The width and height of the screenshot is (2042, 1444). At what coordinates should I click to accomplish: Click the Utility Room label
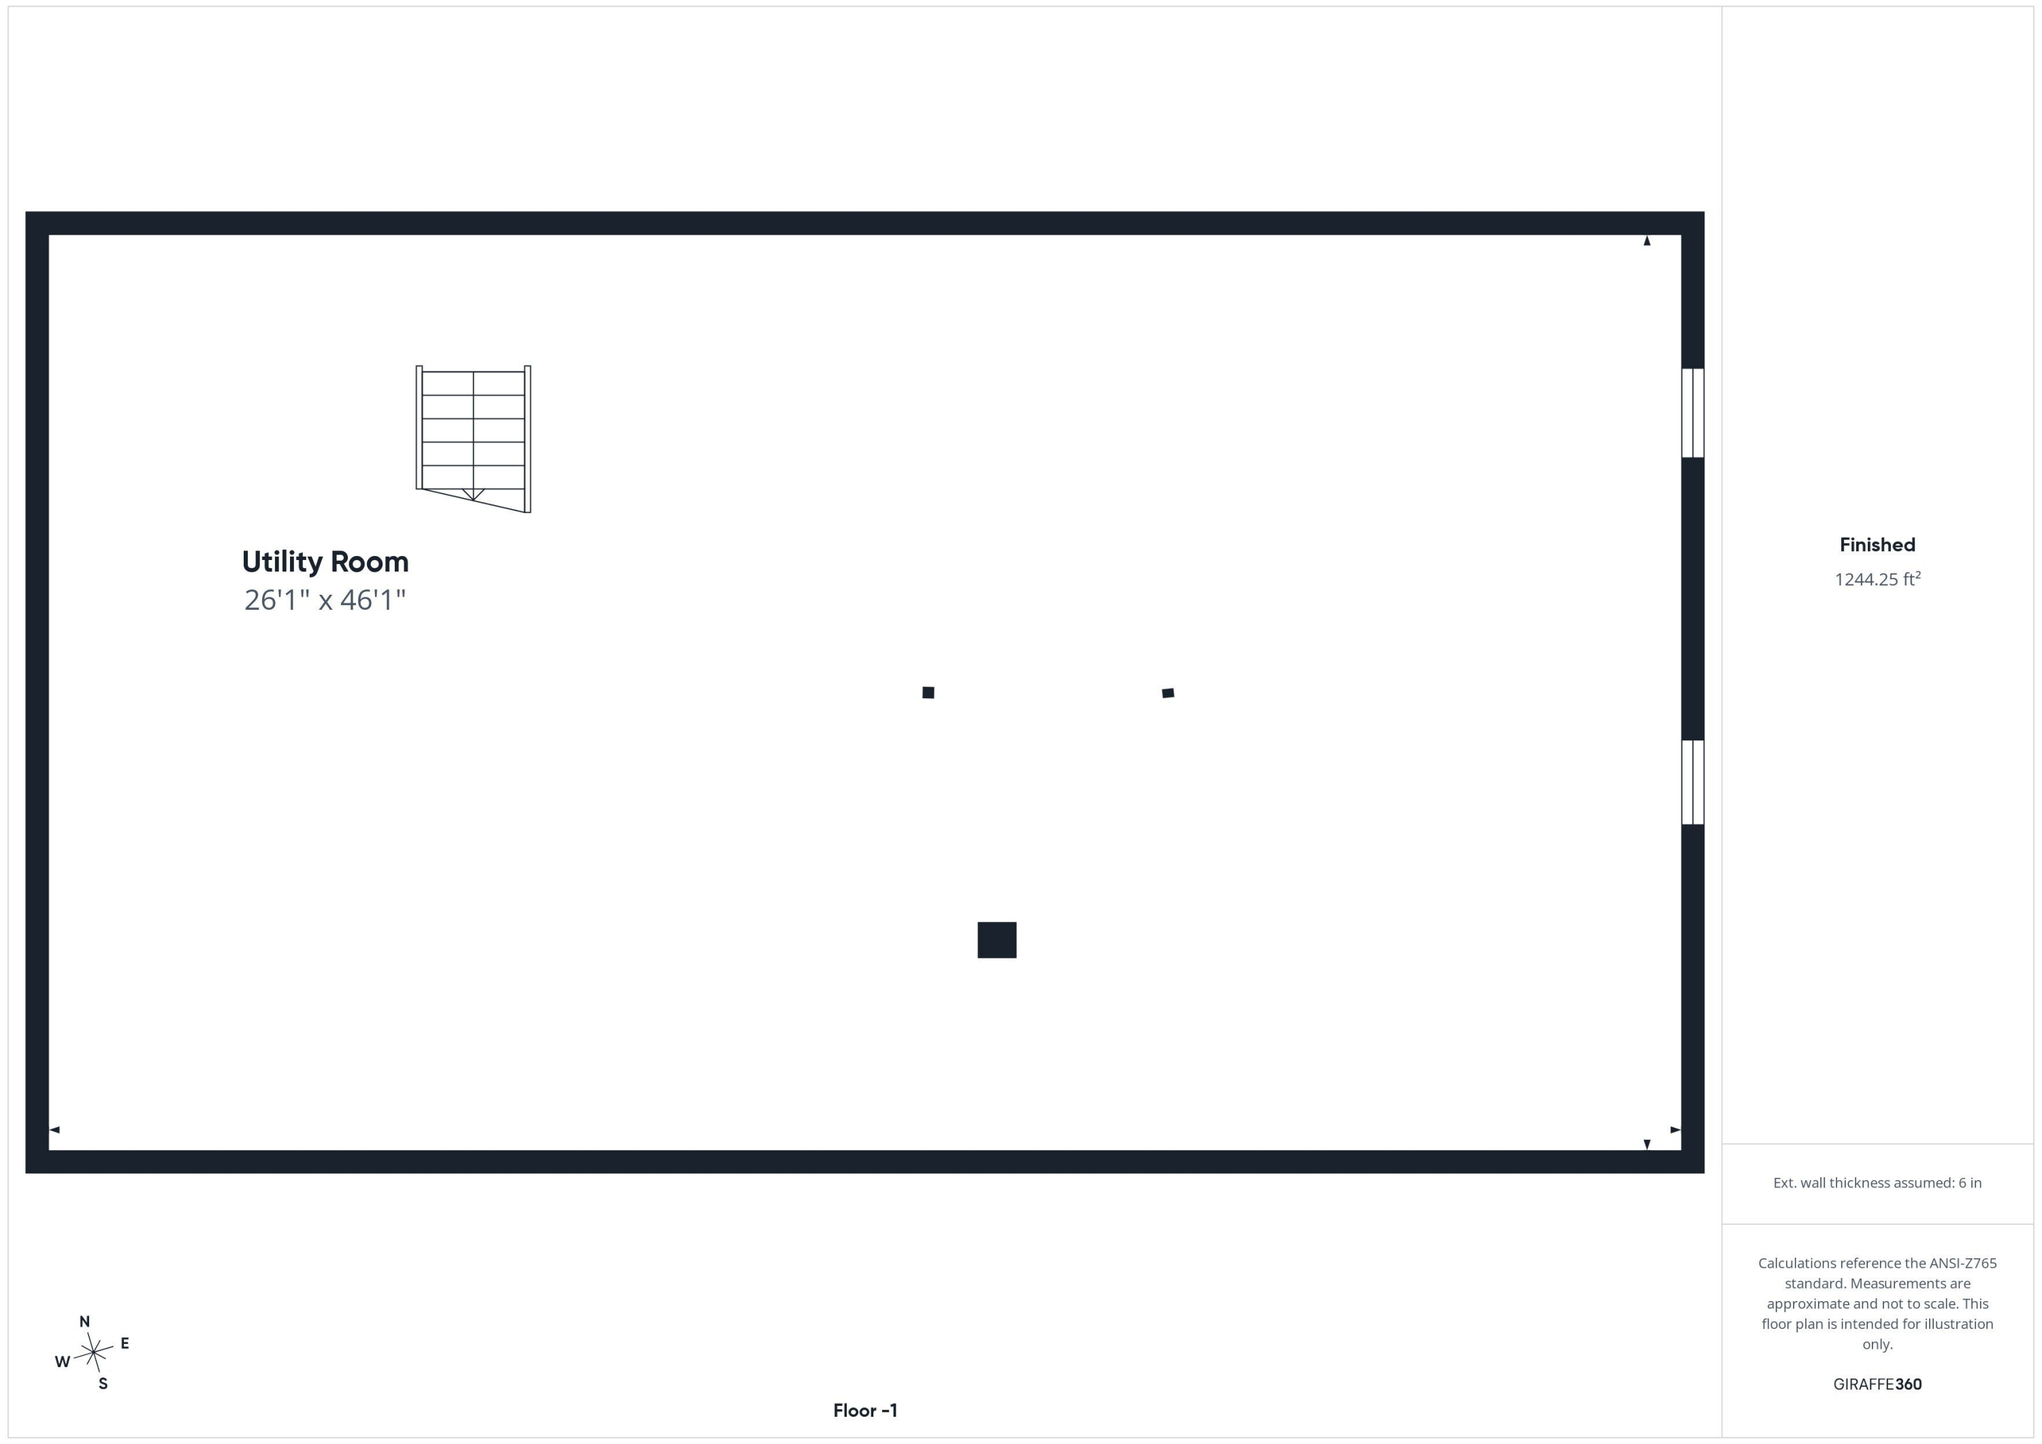tap(325, 562)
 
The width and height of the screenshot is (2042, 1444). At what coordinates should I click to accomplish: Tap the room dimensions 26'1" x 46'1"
tap(325, 600)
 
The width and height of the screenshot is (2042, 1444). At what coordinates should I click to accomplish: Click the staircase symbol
tap(473, 438)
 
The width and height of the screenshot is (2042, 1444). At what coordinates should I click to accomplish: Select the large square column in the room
tap(997, 940)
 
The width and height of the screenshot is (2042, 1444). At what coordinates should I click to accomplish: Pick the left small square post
tap(928, 693)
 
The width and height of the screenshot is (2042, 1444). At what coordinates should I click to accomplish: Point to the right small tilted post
tap(1168, 693)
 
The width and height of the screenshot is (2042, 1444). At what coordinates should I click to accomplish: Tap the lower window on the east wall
tap(1692, 782)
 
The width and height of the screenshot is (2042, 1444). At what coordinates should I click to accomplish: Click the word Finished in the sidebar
tap(1877, 545)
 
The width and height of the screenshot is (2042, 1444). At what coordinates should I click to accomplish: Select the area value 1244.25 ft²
tap(1877, 579)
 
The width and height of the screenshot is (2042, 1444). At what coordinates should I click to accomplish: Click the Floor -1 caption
tap(865, 1410)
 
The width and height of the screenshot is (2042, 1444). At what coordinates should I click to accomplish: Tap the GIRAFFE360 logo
tap(1877, 1384)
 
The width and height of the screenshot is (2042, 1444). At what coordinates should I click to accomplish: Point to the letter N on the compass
tap(84, 1322)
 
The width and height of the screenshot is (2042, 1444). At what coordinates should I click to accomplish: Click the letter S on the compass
tap(103, 1383)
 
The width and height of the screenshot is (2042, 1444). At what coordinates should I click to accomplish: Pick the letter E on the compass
tap(125, 1343)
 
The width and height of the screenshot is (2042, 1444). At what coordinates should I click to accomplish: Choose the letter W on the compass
tap(62, 1362)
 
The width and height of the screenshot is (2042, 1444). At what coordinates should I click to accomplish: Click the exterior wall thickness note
tap(1877, 1183)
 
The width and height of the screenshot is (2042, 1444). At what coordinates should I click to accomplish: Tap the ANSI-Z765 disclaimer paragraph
tap(1877, 1304)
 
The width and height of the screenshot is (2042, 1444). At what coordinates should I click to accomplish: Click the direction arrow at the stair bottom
tap(473, 494)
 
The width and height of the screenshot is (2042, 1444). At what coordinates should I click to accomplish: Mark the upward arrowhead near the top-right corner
tap(1647, 240)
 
